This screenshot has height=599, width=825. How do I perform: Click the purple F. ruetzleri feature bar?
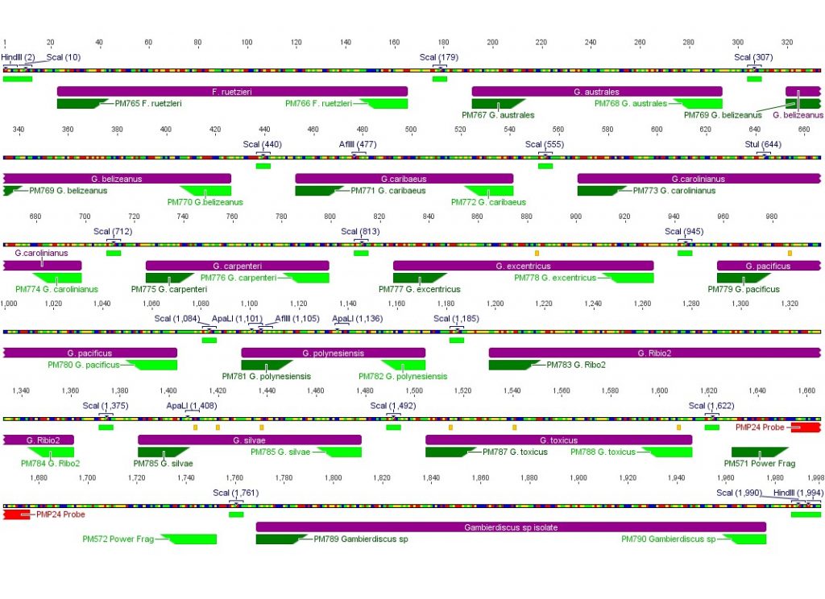[x=232, y=92]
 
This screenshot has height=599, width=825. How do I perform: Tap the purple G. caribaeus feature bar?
[x=404, y=179]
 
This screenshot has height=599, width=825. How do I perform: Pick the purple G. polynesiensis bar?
[x=333, y=353]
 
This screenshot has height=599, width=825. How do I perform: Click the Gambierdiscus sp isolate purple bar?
[x=511, y=527]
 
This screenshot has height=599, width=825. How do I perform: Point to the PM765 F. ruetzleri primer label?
[x=148, y=103]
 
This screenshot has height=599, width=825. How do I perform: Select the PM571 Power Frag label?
[x=759, y=464]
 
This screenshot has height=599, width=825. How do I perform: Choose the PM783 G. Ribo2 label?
[x=576, y=365]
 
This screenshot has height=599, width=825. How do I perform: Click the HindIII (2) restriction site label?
[x=18, y=57]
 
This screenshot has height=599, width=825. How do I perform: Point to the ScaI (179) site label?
[x=439, y=57]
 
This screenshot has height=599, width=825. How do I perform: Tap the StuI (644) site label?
[x=763, y=144]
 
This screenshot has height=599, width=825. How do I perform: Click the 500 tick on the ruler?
[x=411, y=130]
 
